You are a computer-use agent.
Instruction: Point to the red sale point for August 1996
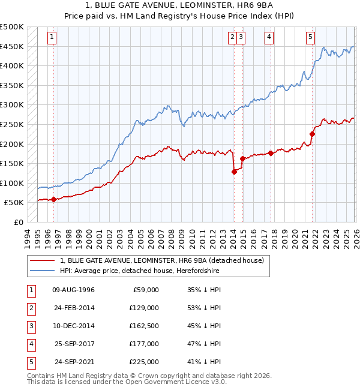click(x=53, y=199)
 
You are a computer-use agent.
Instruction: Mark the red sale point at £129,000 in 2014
click(x=234, y=172)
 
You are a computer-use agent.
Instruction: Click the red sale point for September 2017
click(x=271, y=153)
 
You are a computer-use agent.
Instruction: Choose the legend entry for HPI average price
click(x=139, y=271)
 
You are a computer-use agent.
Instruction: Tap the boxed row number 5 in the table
click(x=31, y=361)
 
